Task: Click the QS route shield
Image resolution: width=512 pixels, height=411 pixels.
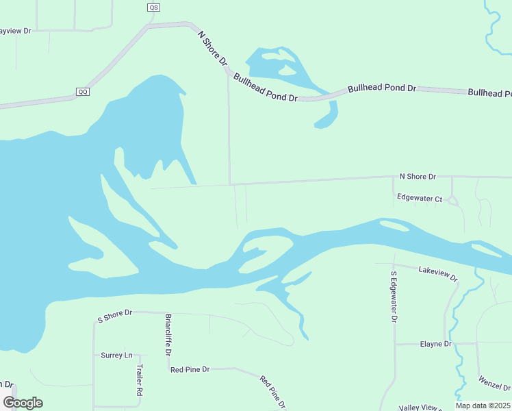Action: [153, 8]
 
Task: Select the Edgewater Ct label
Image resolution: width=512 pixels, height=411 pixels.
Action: [420, 197]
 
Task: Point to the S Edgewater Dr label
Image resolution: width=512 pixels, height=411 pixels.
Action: [394, 297]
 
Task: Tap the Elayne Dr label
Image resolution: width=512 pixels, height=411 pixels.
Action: [436, 344]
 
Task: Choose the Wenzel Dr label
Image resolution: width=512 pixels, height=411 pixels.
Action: [494, 383]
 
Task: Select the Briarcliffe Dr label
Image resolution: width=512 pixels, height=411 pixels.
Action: [168, 335]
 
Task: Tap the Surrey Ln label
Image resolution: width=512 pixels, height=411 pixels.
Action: [116, 356]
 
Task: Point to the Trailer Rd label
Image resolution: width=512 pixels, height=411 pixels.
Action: [139, 380]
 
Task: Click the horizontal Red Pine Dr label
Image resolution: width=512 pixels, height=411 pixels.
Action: [190, 369]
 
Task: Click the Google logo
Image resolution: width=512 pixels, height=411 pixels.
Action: [23, 403]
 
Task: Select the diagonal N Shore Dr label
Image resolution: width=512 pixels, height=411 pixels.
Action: [212, 48]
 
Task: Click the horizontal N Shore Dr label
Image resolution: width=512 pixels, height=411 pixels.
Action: [418, 177]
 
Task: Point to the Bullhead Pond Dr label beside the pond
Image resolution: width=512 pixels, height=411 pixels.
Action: [265, 88]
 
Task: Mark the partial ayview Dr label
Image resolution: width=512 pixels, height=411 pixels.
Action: [16, 31]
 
